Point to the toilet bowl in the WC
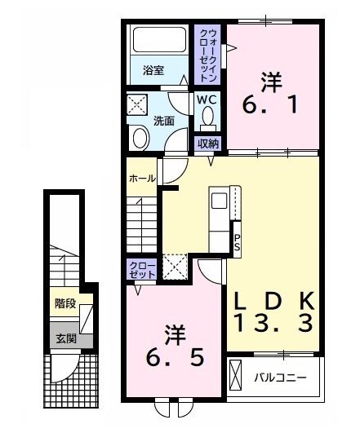tap(207, 122)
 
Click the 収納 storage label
tap(208, 144)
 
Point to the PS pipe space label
tap(237, 241)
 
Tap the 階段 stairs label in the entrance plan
tap(65, 303)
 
